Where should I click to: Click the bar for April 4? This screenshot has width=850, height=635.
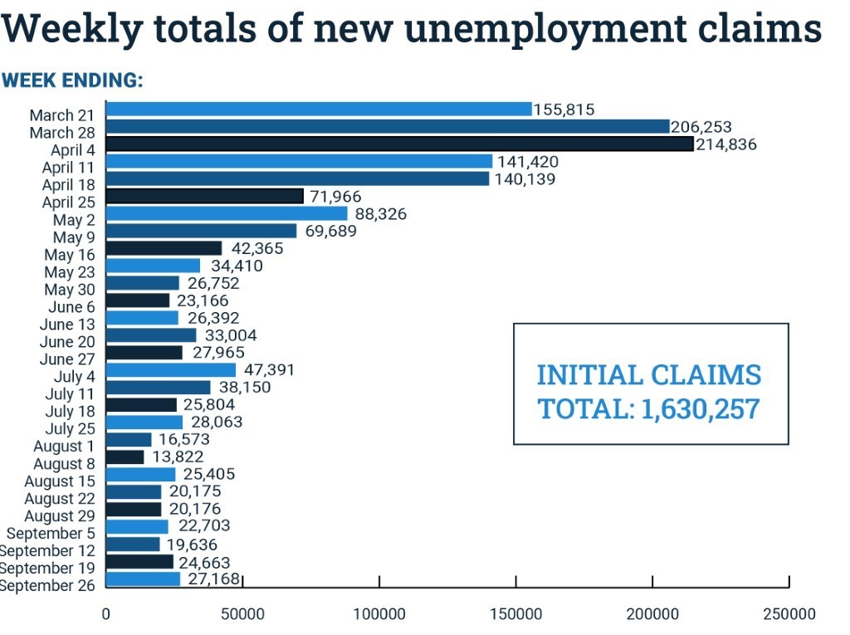399,144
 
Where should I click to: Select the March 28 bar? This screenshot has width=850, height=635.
388,126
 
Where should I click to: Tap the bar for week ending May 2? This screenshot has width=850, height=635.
227,213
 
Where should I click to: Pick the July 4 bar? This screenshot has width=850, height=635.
171,370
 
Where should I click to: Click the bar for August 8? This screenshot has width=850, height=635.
125,457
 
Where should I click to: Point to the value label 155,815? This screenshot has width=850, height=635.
564,109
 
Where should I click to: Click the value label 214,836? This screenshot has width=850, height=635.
726,144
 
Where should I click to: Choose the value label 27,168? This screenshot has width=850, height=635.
212,579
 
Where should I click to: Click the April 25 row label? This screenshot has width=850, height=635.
69,203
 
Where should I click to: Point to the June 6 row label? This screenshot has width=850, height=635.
71,307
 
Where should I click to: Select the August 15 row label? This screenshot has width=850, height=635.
60,481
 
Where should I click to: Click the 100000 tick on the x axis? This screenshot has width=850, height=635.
379,614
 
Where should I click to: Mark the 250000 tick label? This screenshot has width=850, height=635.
788,614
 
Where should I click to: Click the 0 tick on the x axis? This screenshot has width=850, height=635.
105,614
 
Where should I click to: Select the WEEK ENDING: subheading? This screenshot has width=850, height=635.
72,81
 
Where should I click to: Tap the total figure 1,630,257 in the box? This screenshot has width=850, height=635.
701,408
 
